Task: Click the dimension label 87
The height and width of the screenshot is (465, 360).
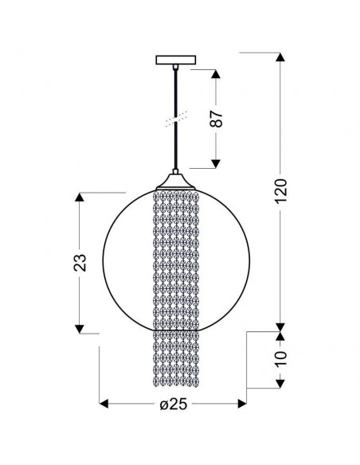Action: click(216, 119)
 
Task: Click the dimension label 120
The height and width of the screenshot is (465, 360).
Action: click(281, 191)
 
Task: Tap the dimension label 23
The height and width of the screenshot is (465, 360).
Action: click(80, 263)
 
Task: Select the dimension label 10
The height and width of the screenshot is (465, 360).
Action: click(281, 358)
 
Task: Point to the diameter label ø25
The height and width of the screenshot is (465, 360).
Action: click(174, 404)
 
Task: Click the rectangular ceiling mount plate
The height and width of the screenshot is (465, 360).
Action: click(176, 60)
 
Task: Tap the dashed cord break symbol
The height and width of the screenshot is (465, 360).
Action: click(176, 119)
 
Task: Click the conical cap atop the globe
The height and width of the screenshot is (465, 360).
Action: click(175, 182)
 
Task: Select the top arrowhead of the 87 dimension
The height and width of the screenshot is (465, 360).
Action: click(216, 74)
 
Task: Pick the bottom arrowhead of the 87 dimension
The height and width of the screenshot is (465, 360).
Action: click(216, 163)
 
